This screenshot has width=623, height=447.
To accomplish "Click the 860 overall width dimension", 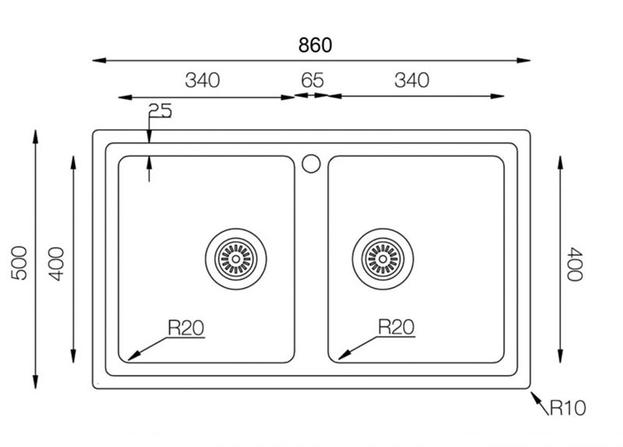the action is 315,45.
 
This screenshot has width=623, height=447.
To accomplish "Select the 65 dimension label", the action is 312,81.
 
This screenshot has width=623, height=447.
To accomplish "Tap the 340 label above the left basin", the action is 202,81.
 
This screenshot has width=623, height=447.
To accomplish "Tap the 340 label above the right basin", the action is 412,81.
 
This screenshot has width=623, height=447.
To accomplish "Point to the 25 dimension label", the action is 160,111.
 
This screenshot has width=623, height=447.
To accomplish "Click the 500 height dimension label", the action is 19,263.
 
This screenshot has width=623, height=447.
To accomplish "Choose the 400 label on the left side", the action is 56,264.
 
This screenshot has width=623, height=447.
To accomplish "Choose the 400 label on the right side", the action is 575,265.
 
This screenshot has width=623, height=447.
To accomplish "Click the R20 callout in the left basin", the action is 186,328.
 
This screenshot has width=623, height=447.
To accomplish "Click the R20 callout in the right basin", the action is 396,327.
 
